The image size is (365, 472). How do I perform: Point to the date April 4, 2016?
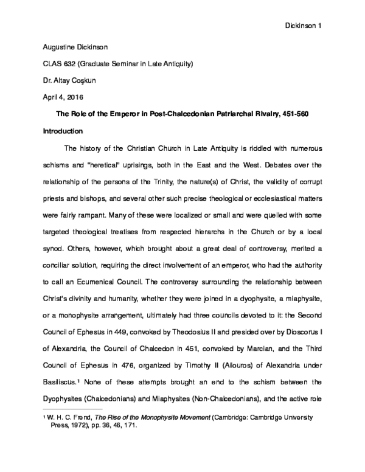[x=63, y=97]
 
